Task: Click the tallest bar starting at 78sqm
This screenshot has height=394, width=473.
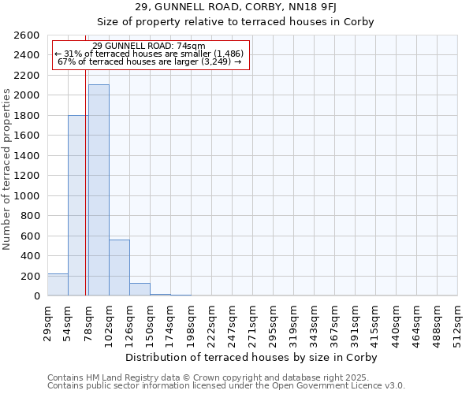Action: point(99,190)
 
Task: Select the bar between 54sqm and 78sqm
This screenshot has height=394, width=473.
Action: point(78,206)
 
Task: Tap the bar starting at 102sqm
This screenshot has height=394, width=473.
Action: point(119,268)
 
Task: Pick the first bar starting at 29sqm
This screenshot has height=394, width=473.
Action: point(58,284)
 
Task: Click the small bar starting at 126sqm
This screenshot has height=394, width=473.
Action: point(140,289)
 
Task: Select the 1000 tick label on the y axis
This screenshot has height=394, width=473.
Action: point(26,196)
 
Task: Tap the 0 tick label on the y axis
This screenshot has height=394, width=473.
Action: point(36,296)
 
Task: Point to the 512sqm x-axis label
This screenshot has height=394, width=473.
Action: point(458,322)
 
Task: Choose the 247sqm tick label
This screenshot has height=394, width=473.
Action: point(233,322)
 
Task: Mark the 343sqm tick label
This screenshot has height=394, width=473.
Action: point(315,322)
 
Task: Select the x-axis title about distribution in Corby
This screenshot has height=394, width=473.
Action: point(251,358)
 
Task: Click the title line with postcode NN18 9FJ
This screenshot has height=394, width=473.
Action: point(251,7)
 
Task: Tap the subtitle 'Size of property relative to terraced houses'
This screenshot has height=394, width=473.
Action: point(251,21)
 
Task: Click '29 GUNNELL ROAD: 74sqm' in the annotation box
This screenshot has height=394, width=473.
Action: point(149,46)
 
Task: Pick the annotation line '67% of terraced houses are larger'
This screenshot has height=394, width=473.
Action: point(149,61)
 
